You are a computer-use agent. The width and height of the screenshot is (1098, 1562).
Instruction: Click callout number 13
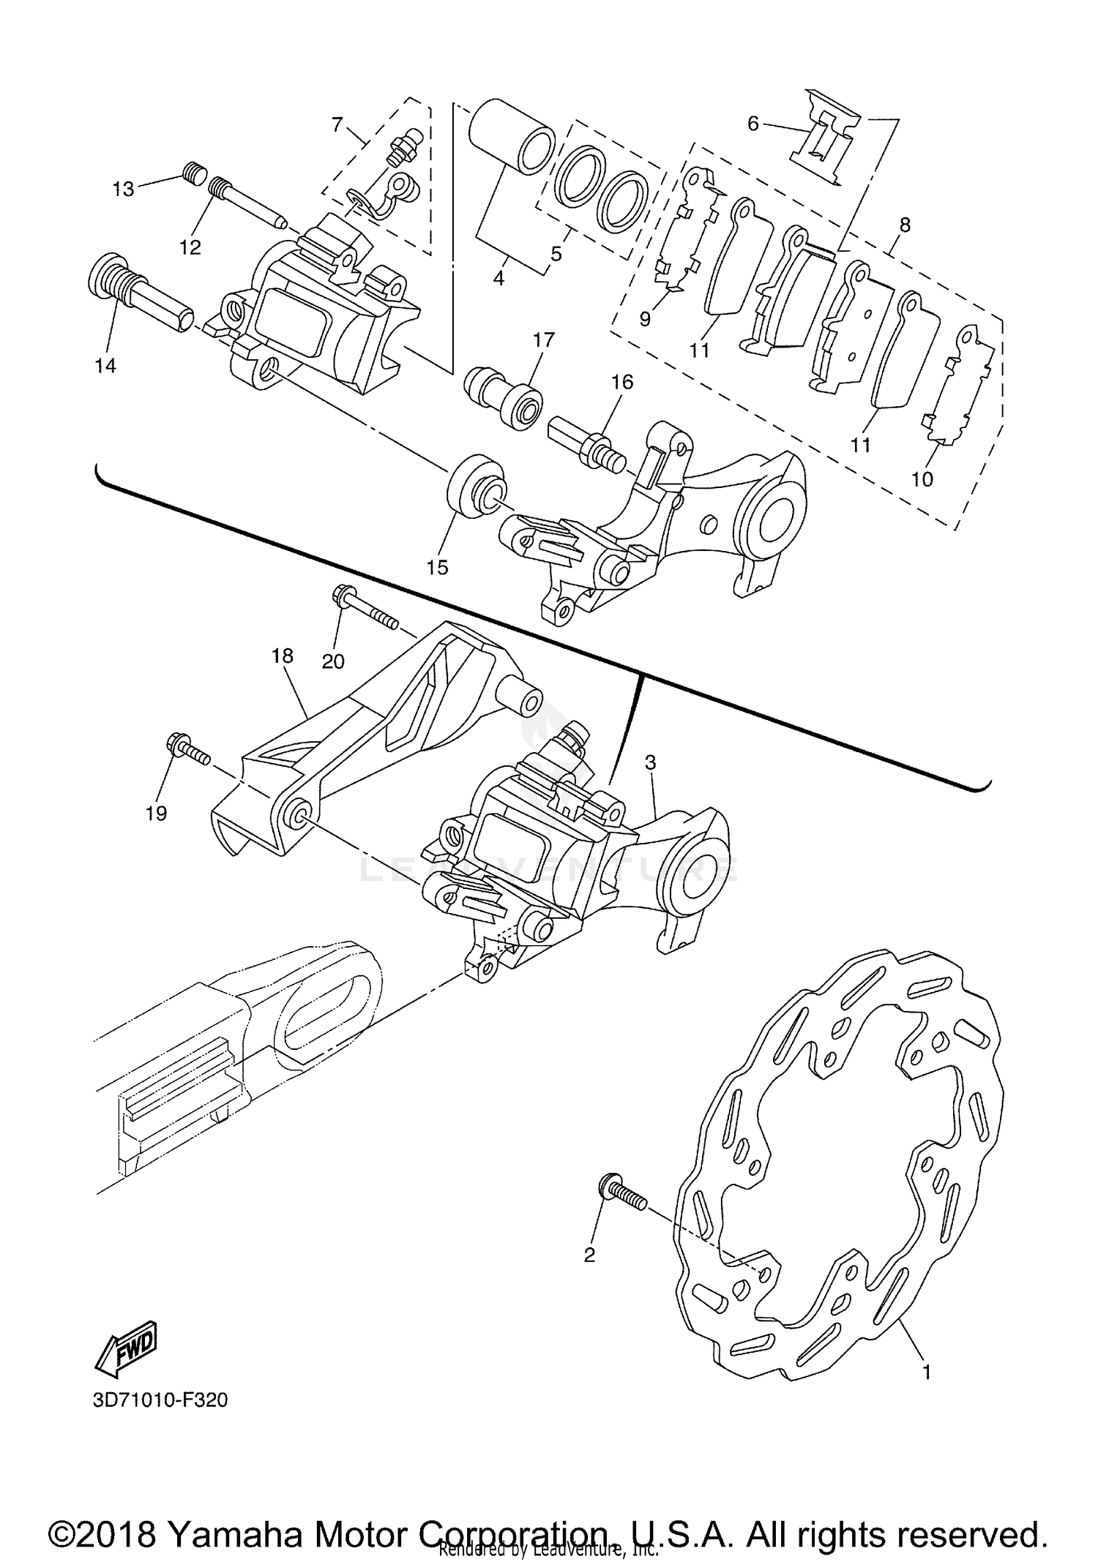(123, 189)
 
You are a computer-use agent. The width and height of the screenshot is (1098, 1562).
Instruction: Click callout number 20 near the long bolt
(333, 661)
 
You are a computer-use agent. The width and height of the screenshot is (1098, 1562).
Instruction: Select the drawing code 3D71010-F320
(160, 1400)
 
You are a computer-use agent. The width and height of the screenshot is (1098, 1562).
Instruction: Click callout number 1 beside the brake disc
(926, 1373)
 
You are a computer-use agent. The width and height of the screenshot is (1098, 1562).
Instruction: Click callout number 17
(544, 339)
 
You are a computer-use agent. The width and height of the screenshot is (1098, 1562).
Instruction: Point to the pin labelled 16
(586, 443)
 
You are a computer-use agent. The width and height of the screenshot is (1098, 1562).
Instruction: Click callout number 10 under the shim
(922, 479)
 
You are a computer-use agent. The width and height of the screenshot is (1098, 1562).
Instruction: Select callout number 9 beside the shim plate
(645, 319)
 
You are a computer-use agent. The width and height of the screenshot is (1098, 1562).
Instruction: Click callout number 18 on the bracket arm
(282, 656)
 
